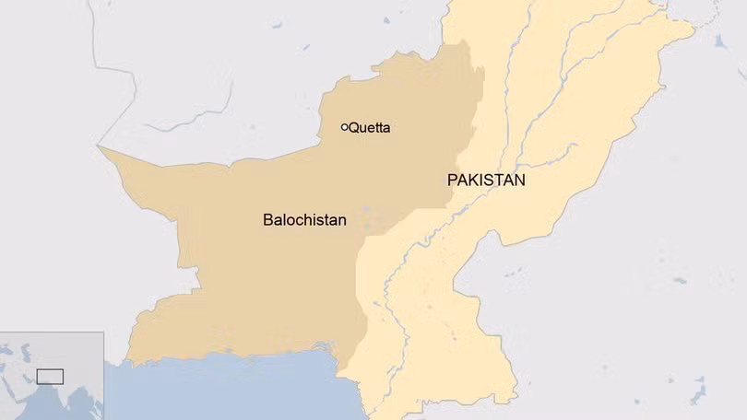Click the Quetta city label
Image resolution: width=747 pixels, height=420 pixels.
click(369, 128)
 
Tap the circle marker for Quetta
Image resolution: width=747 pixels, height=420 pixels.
click(345, 127)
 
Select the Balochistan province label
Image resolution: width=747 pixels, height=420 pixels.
click(304, 220)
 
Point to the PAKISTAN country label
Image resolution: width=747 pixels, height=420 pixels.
click(486, 181)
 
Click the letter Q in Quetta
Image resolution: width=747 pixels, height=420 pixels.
click(354, 128)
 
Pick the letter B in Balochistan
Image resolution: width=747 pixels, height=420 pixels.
click(267, 220)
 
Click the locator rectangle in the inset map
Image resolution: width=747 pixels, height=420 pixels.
click(49, 376)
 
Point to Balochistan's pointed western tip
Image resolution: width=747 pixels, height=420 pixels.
click(101, 146)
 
